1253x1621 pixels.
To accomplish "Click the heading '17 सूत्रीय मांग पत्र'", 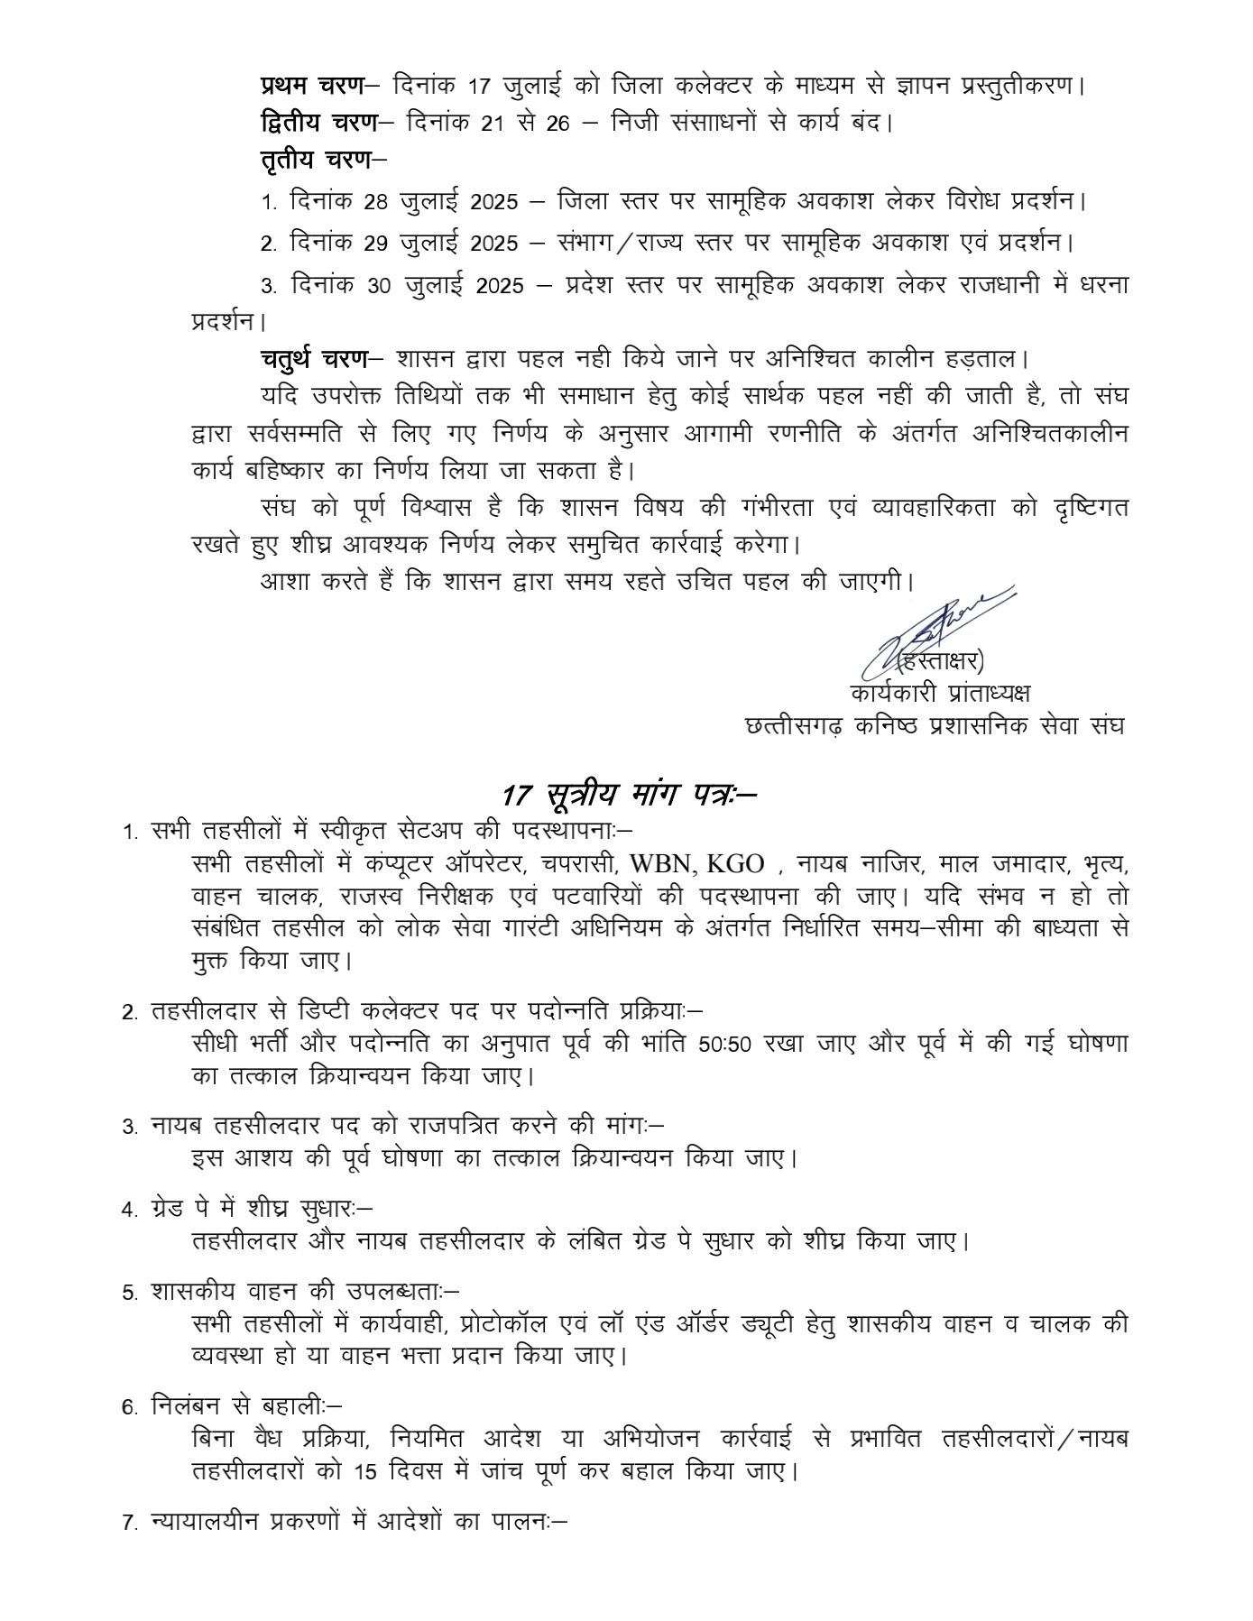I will point(628,796).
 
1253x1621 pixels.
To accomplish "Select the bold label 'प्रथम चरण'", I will point(312,85).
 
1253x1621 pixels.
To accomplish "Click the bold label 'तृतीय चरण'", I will point(317,161).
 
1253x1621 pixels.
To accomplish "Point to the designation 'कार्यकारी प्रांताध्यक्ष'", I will point(939,694).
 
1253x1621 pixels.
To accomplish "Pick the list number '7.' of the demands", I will point(129,1524).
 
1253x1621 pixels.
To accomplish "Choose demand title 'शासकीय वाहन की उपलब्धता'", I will point(297,1291).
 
